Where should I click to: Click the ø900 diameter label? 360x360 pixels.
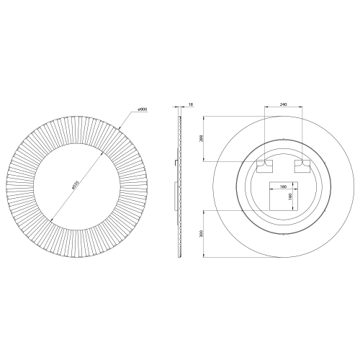(143, 109)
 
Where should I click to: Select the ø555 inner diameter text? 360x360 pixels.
(76, 184)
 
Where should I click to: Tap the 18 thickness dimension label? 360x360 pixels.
(191, 104)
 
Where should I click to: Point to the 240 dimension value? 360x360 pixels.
(284, 104)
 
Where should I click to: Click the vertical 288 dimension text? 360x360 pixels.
(202, 138)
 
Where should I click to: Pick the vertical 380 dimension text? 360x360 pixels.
(202, 233)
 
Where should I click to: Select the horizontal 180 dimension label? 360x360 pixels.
(283, 186)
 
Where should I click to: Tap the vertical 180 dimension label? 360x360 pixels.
(289, 197)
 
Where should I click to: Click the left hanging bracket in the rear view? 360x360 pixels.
(265, 166)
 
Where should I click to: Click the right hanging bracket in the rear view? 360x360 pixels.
(303, 166)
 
